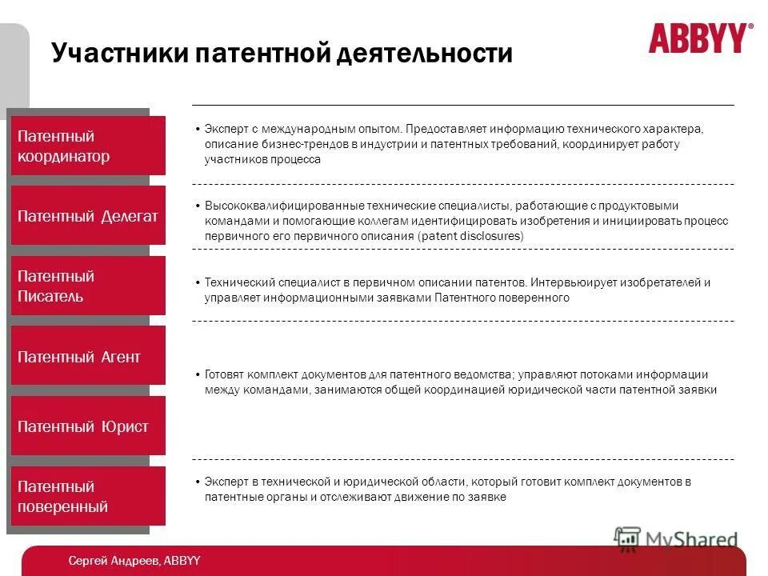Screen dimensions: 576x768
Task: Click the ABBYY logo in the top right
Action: (700, 38)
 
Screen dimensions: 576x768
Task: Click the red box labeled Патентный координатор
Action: (88, 146)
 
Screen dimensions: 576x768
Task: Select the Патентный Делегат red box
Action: (88, 216)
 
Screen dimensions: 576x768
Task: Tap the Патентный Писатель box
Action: (88, 286)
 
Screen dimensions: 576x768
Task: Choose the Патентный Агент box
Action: (88, 356)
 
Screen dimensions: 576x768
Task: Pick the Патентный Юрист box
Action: (88, 426)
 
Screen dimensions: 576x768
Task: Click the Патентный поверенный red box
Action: (88, 496)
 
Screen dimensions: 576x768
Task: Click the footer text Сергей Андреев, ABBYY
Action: (134, 561)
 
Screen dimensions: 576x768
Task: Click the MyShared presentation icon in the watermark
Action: (628, 538)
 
